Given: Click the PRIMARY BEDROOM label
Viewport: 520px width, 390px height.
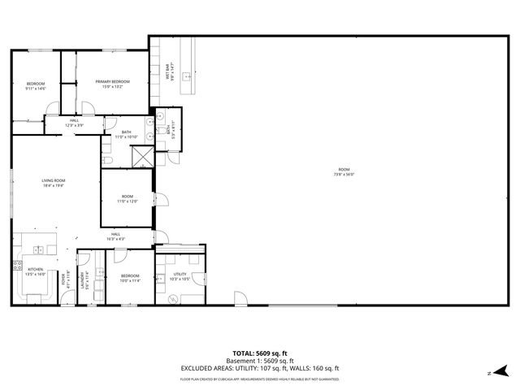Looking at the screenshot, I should [113, 81].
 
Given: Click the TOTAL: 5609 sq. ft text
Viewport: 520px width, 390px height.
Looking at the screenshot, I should [260, 353].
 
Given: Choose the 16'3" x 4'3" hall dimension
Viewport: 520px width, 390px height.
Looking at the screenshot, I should [116, 239].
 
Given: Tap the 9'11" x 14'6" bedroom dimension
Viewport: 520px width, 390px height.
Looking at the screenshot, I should [36, 89].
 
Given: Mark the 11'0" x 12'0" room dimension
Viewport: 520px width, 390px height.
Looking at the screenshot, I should [128, 201].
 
